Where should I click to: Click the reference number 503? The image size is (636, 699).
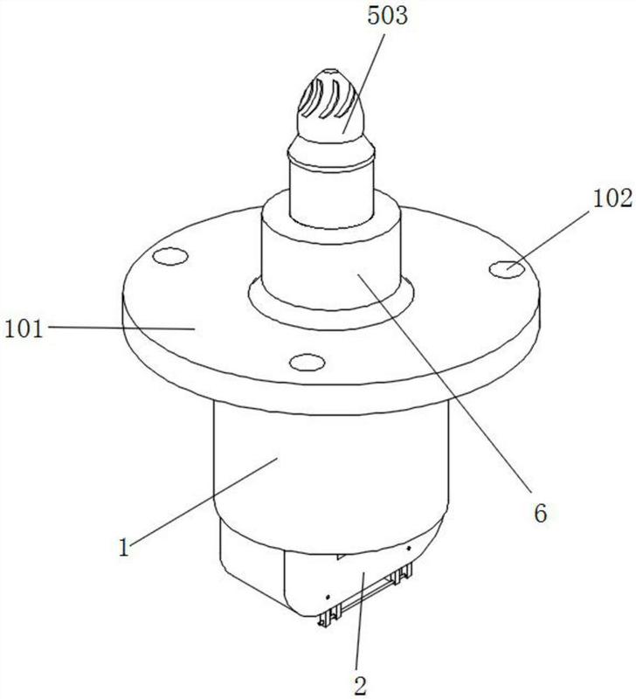pyautogui.click(x=387, y=15)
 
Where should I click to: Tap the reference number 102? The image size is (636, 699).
pyautogui.click(x=612, y=198)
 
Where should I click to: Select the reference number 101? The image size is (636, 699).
pyautogui.click(x=24, y=329)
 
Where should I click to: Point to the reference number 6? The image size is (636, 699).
pyautogui.click(x=540, y=514)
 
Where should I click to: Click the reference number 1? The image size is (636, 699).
pyautogui.click(x=124, y=547)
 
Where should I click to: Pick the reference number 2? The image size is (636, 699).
pyautogui.click(x=360, y=685)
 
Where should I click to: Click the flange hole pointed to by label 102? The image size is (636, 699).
pyautogui.click(x=507, y=269)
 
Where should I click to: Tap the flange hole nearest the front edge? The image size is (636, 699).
pyautogui.click(x=308, y=362)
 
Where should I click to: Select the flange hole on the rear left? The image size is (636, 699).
pyautogui.click(x=169, y=256)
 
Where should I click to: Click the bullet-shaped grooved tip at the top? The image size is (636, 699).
pyautogui.click(x=331, y=106)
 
